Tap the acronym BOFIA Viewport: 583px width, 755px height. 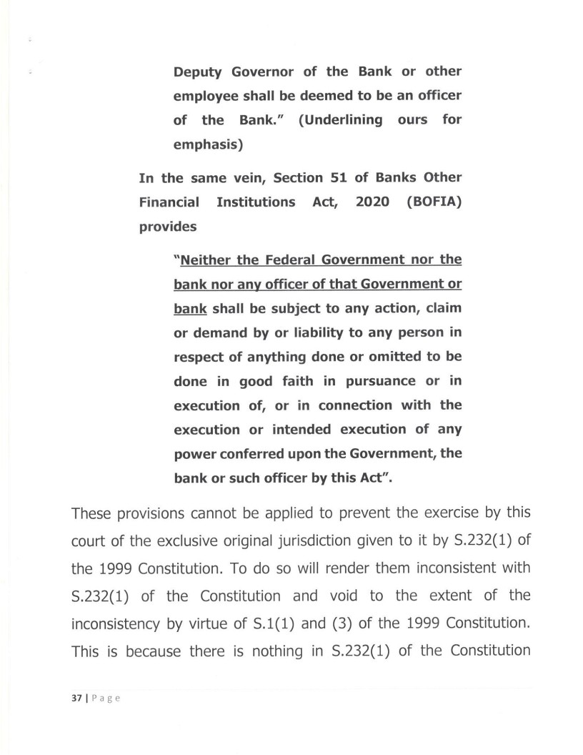tap(434, 202)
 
